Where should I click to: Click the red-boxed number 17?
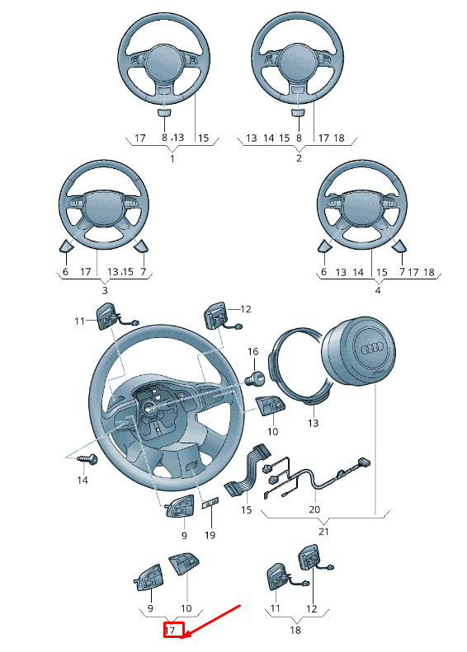pyautogui.click(x=171, y=631)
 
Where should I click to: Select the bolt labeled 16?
pyautogui.click(x=256, y=378)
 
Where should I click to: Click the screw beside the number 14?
pyautogui.click(x=87, y=457)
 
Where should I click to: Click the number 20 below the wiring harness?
pyautogui.click(x=314, y=510)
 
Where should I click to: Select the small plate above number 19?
pyautogui.click(x=210, y=502)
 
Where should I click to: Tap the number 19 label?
pyautogui.click(x=210, y=535)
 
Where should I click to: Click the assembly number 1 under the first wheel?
pyautogui.click(x=172, y=157)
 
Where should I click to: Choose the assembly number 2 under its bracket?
pyautogui.click(x=299, y=157)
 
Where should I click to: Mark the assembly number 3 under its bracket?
pyautogui.click(x=104, y=290)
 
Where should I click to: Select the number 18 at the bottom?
pyautogui.click(x=296, y=631)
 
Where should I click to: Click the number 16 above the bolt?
pyautogui.click(x=252, y=352)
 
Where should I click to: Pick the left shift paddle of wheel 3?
pyautogui.click(x=65, y=245)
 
